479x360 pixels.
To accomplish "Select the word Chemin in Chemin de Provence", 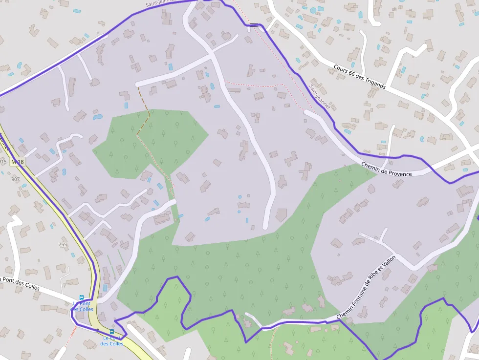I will click(371, 167).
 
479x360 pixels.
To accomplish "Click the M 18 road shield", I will click(18, 162).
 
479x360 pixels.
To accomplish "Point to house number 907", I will click(15, 179).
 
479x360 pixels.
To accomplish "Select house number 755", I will click(63, 244).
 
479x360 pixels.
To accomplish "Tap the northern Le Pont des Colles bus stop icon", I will click(82, 297).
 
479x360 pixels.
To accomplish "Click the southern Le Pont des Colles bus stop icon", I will click(112, 331).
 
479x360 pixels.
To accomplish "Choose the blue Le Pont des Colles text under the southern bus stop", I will click(112, 340).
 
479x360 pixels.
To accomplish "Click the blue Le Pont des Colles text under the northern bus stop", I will click(82, 306).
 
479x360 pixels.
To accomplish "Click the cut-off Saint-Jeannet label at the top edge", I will click(160, 3).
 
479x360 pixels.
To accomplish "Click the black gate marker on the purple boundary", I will click(254, 23).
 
